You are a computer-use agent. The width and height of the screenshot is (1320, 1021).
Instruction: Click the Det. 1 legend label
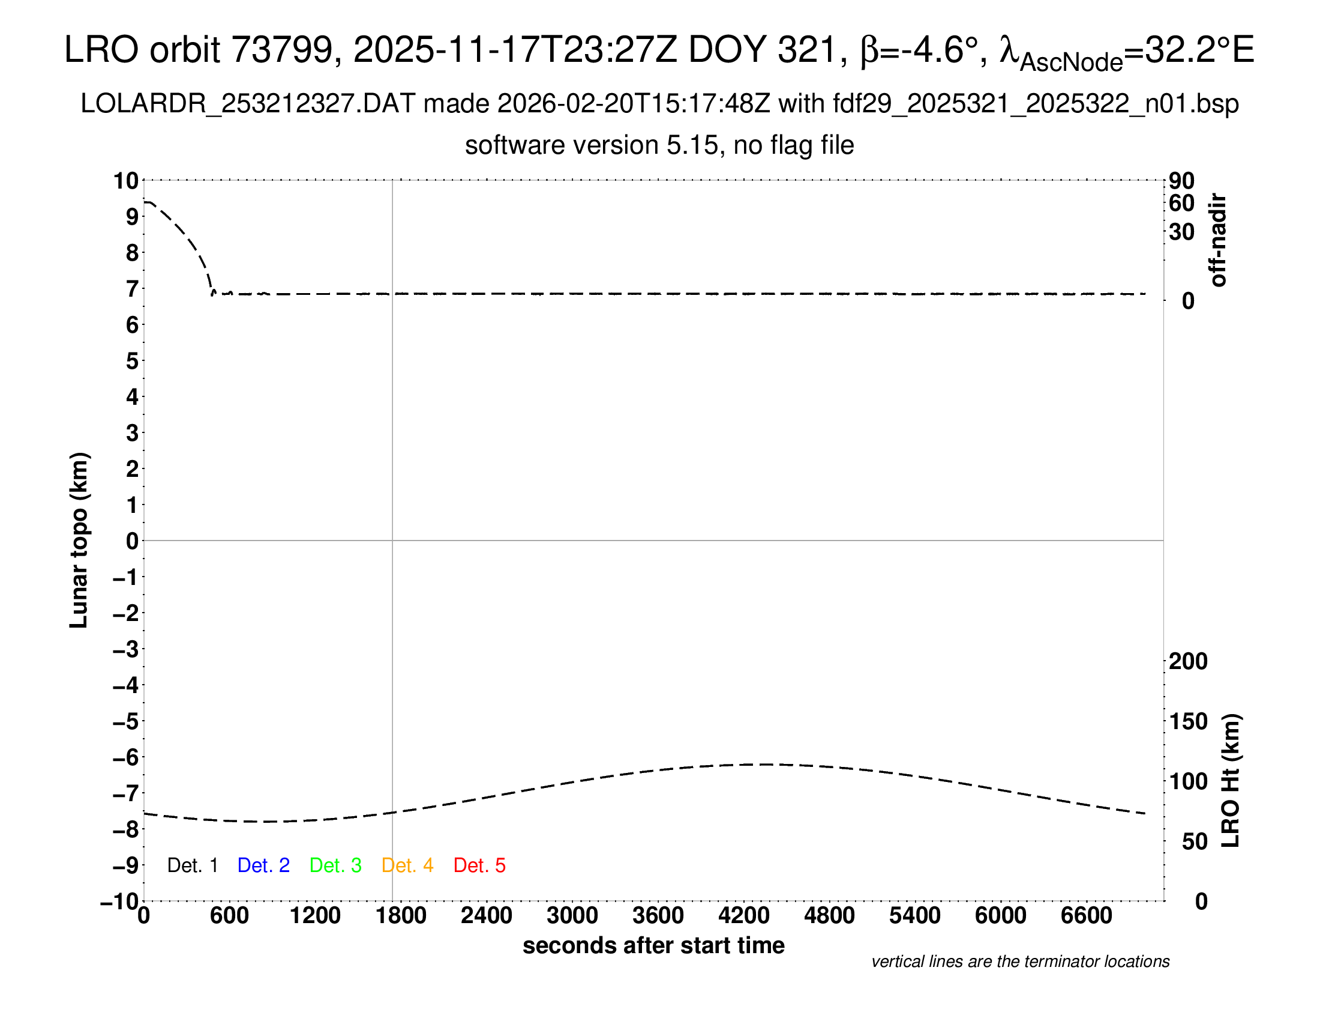pyautogui.click(x=192, y=865)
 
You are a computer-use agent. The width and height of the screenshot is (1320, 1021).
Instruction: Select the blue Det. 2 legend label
pyautogui.click(x=263, y=865)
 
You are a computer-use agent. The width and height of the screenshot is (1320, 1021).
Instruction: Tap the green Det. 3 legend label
pyautogui.click(x=335, y=865)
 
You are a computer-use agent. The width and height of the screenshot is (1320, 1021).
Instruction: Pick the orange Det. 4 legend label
pyautogui.click(x=407, y=865)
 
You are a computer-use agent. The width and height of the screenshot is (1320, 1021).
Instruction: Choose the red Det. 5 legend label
pyautogui.click(x=479, y=865)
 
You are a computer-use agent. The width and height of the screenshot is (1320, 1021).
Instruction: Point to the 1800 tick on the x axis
pyautogui.click(x=401, y=916)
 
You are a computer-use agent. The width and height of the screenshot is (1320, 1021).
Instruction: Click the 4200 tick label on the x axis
pyautogui.click(x=743, y=916)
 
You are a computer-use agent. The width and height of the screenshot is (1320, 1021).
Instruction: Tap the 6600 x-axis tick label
pyautogui.click(x=1086, y=916)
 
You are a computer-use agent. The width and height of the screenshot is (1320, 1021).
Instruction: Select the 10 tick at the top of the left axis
pyautogui.click(x=127, y=180)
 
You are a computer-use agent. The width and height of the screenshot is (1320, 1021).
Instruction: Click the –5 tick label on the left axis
pyautogui.click(x=125, y=721)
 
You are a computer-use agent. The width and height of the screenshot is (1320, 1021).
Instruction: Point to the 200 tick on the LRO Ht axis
pyautogui.click(x=1188, y=661)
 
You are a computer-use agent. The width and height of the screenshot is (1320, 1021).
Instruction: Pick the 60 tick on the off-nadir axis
pyautogui.click(x=1181, y=203)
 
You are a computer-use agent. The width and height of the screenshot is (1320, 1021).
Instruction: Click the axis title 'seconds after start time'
pyautogui.click(x=653, y=945)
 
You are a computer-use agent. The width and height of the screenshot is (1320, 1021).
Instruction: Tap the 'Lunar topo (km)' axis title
pyautogui.click(x=79, y=540)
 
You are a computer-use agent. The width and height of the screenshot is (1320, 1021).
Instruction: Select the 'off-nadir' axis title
pyautogui.click(x=1218, y=240)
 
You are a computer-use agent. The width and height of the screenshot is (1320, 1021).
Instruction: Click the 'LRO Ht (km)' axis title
pyautogui.click(x=1230, y=781)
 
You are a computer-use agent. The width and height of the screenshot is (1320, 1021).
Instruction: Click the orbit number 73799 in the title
pyautogui.click(x=282, y=50)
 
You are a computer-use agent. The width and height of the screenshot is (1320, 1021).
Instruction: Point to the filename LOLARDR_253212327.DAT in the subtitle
pyautogui.click(x=248, y=104)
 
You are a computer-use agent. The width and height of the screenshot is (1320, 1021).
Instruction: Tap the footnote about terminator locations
pyautogui.click(x=1020, y=962)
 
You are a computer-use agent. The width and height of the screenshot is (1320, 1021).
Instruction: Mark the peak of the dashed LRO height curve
pyautogui.click(x=764, y=765)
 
